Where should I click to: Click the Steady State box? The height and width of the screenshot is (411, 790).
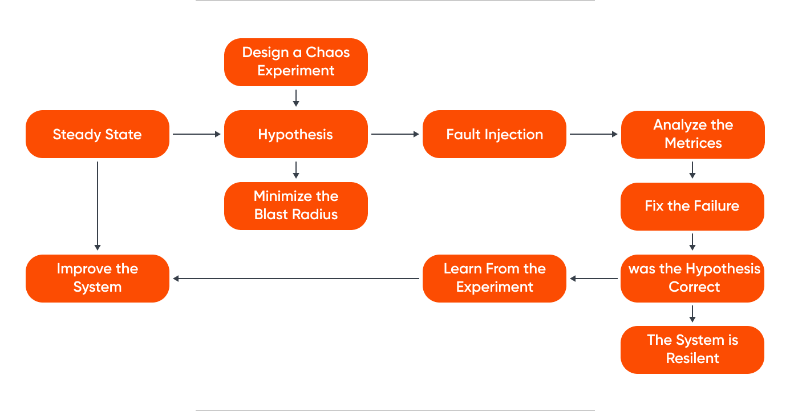[x=98, y=134]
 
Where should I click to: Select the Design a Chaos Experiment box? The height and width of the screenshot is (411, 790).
[x=295, y=62]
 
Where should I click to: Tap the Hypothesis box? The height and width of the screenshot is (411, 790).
[x=295, y=134]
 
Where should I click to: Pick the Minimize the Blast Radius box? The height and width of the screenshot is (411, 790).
[x=295, y=205]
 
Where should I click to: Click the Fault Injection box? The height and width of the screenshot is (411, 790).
[x=494, y=134]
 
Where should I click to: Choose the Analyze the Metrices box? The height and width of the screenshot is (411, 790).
[x=692, y=134]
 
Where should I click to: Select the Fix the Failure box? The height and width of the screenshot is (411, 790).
[x=692, y=206]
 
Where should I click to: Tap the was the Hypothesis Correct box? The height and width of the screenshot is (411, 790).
[x=692, y=278]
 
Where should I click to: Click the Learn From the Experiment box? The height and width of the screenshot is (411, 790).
[x=494, y=278]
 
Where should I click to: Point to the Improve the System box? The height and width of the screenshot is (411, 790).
[x=98, y=278]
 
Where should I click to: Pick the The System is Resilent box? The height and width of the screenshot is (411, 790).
[x=692, y=349]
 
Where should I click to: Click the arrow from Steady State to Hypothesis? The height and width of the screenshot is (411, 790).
[x=196, y=134]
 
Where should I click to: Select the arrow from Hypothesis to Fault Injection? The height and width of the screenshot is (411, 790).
[x=395, y=134]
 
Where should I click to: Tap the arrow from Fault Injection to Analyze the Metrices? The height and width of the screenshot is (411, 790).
[x=593, y=134]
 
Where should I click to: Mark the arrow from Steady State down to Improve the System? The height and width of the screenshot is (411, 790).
[x=98, y=205]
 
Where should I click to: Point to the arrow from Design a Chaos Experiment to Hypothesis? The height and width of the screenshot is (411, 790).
[x=295, y=98]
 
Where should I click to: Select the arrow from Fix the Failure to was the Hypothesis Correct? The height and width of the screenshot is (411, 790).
[x=692, y=242]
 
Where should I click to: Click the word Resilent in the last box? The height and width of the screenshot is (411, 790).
[x=692, y=358]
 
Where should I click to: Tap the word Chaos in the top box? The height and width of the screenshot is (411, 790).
[x=328, y=53]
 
